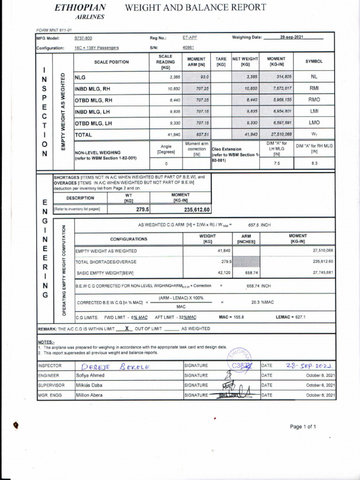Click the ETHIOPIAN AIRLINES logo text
80,12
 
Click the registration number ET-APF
190,38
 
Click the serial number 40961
188,48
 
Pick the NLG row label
81,77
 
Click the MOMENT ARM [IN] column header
196,62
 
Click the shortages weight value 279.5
142,210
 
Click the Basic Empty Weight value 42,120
218,272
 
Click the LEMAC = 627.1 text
291,317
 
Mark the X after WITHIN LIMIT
126,329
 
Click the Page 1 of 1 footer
303,427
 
